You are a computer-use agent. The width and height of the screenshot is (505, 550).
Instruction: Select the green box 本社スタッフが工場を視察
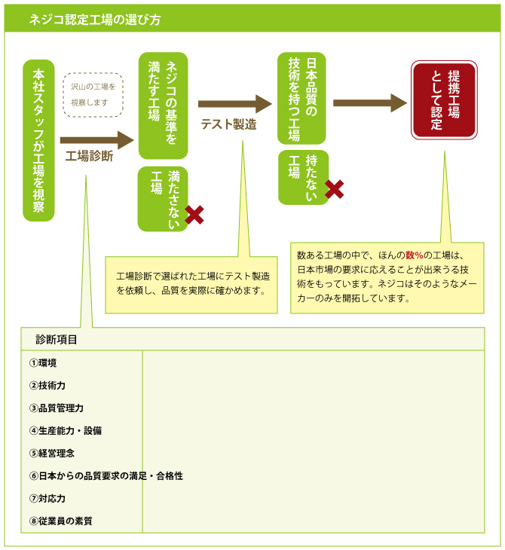point(39,140)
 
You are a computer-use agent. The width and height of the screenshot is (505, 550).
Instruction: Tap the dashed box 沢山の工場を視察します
point(93,94)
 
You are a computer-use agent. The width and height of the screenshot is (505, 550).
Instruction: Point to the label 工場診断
point(89,157)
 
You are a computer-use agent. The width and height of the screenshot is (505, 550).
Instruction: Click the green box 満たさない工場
point(162,198)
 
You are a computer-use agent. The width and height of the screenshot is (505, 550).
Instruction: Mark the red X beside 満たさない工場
point(194,215)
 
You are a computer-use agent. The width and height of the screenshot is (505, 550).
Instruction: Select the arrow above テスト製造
point(234,104)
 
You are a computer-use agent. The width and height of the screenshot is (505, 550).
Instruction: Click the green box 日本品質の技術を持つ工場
point(301,98)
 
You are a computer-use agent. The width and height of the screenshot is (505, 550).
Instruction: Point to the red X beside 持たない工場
point(334,189)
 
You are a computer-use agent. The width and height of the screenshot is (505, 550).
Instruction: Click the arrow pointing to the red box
point(369,103)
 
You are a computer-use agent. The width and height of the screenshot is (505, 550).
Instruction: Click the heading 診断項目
point(57,339)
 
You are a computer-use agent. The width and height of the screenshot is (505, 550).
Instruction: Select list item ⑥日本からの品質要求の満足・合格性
point(106,475)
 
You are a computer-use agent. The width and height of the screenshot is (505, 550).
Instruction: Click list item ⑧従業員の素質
point(61,521)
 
